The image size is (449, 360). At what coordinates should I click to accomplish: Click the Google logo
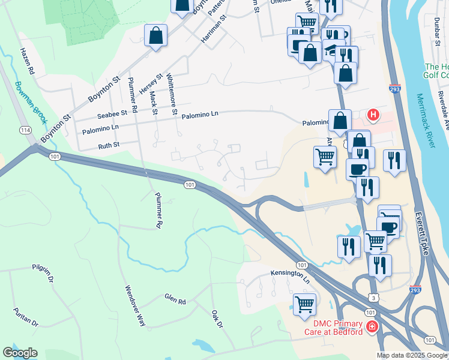click(20, 353)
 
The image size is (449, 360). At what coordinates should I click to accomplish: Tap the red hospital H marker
click(373, 114)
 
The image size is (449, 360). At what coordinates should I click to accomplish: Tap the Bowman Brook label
click(31, 102)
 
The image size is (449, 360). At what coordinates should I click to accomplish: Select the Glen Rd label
click(175, 298)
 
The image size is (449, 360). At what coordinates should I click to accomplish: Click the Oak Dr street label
click(217, 319)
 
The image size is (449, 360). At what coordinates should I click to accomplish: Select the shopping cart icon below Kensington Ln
click(304, 304)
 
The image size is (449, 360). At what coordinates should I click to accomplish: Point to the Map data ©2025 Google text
click(412, 355)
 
